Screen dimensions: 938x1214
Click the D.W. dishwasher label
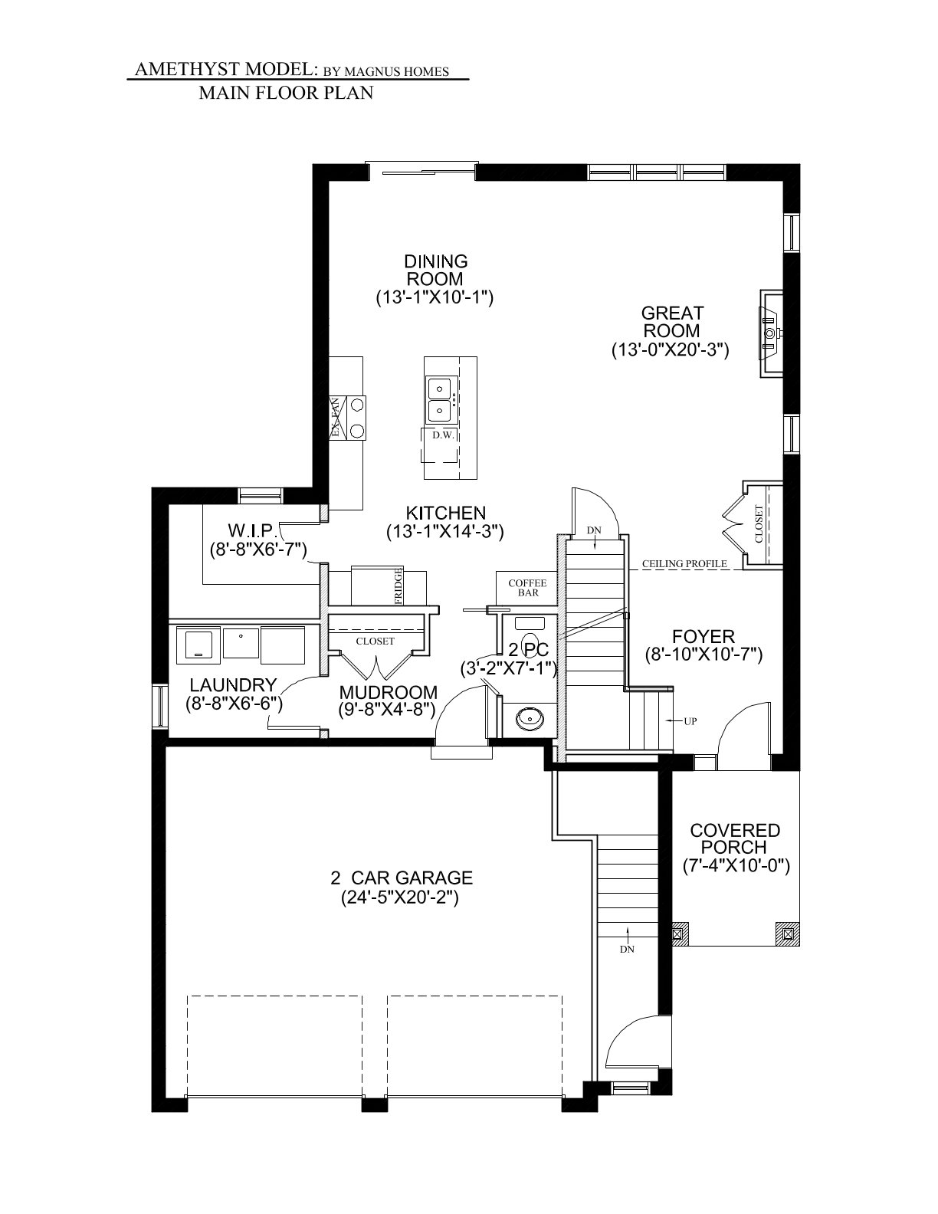tap(443, 436)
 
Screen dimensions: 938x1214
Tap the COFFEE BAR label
tap(527, 588)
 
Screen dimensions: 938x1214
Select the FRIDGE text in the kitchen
tap(398, 586)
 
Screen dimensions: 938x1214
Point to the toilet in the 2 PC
tap(529, 637)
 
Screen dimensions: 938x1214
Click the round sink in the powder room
tap(529, 718)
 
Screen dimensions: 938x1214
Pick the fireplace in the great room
tap(771, 334)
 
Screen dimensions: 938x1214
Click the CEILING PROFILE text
tap(684, 564)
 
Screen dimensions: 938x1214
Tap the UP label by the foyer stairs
tap(690, 721)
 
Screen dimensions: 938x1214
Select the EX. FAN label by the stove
tap(335, 418)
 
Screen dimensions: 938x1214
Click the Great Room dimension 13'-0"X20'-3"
tap(671, 350)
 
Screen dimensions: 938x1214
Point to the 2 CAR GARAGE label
tap(401, 878)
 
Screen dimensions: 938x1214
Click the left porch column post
tap(677, 933)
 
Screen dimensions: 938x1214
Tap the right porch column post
tap(788, 933)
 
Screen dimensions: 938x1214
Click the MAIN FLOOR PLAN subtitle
tap(286, 93)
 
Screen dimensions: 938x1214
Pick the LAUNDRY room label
tap(233, 685)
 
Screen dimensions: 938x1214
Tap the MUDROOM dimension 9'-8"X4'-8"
tap(386, 710)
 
